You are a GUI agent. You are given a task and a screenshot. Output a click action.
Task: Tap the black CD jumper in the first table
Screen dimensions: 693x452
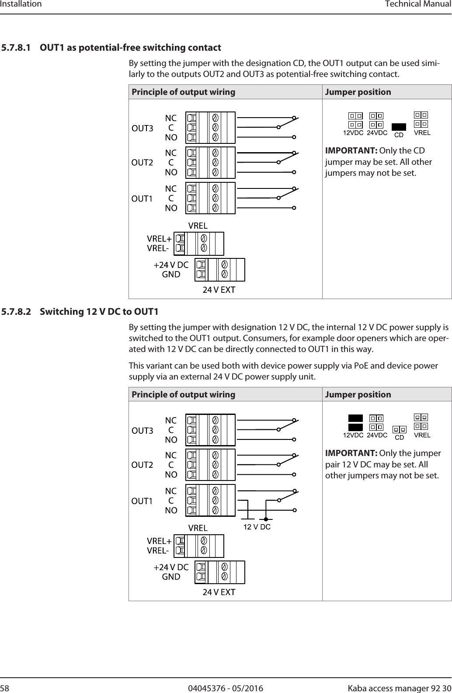[399, 127]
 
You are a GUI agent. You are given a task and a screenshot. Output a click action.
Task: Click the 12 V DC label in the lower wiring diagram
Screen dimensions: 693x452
[257, 527]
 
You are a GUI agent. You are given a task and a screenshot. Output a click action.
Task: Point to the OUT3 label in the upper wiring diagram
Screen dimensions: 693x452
[143, 129]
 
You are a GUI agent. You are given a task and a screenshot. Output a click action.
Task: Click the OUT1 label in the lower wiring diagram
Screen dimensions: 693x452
[143, 501]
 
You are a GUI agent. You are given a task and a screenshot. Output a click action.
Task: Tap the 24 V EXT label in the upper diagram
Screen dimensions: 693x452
[219, 290]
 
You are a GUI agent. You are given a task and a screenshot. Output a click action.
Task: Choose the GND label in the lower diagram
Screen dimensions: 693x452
[171, 577]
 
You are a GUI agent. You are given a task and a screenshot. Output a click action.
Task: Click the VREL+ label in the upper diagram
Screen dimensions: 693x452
[159, 239]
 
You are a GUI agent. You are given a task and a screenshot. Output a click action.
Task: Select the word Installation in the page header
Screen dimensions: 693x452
[21, 4]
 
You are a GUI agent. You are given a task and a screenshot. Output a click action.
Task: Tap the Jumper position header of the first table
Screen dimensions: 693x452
[358, 92]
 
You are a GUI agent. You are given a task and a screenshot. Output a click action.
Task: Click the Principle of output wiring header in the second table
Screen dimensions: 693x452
[183, 394]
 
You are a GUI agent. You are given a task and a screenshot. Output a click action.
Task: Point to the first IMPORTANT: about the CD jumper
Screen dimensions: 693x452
[351, 151]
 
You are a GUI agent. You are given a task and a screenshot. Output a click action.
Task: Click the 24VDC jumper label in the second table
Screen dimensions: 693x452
[377, 435]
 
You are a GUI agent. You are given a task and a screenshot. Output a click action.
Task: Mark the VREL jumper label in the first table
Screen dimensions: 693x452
[422, 132]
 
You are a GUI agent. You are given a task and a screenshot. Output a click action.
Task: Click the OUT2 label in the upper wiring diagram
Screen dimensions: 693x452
[143, 163]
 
